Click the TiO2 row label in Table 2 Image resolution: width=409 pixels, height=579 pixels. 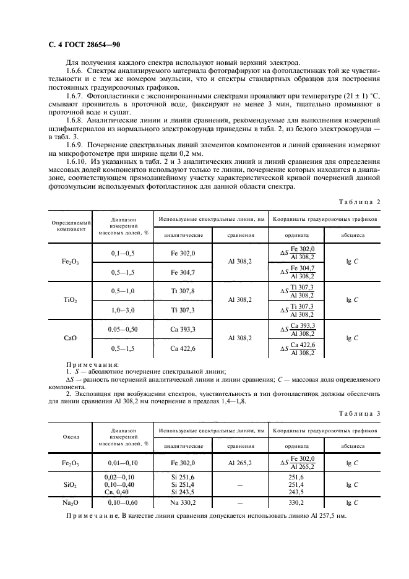[x=70, y=299]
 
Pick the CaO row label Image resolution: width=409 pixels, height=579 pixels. [x=70, y=338]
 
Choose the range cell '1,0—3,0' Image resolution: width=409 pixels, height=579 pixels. [x=123, y=309]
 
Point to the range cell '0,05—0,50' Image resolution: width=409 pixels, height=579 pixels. [x=123, y=329]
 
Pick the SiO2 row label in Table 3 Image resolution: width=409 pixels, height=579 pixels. [x=70, y=485]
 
